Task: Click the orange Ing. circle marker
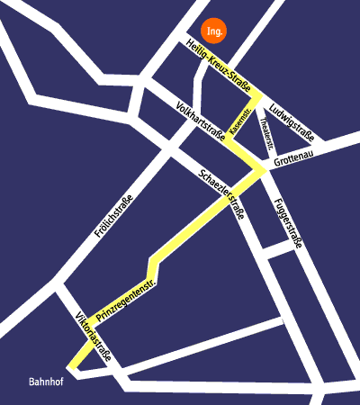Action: coord(213,31)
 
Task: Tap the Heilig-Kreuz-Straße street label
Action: coord(218,65)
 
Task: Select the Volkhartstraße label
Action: coord(201,121)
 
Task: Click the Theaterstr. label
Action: coord(263,132)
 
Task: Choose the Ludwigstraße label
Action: coord(291,123)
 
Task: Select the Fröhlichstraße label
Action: coord(113,216)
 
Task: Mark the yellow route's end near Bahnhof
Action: coord(72,369)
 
